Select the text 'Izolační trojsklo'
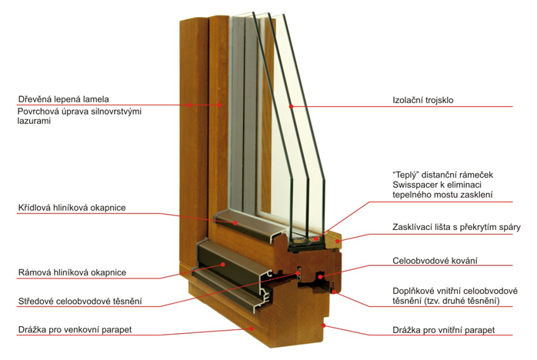[x=422, y=98]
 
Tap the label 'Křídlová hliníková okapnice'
[x=72, y=208]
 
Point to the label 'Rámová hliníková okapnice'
[x=72, y=272]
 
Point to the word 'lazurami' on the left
[x=35, y=122]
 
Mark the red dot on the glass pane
[x=291, y=105]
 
